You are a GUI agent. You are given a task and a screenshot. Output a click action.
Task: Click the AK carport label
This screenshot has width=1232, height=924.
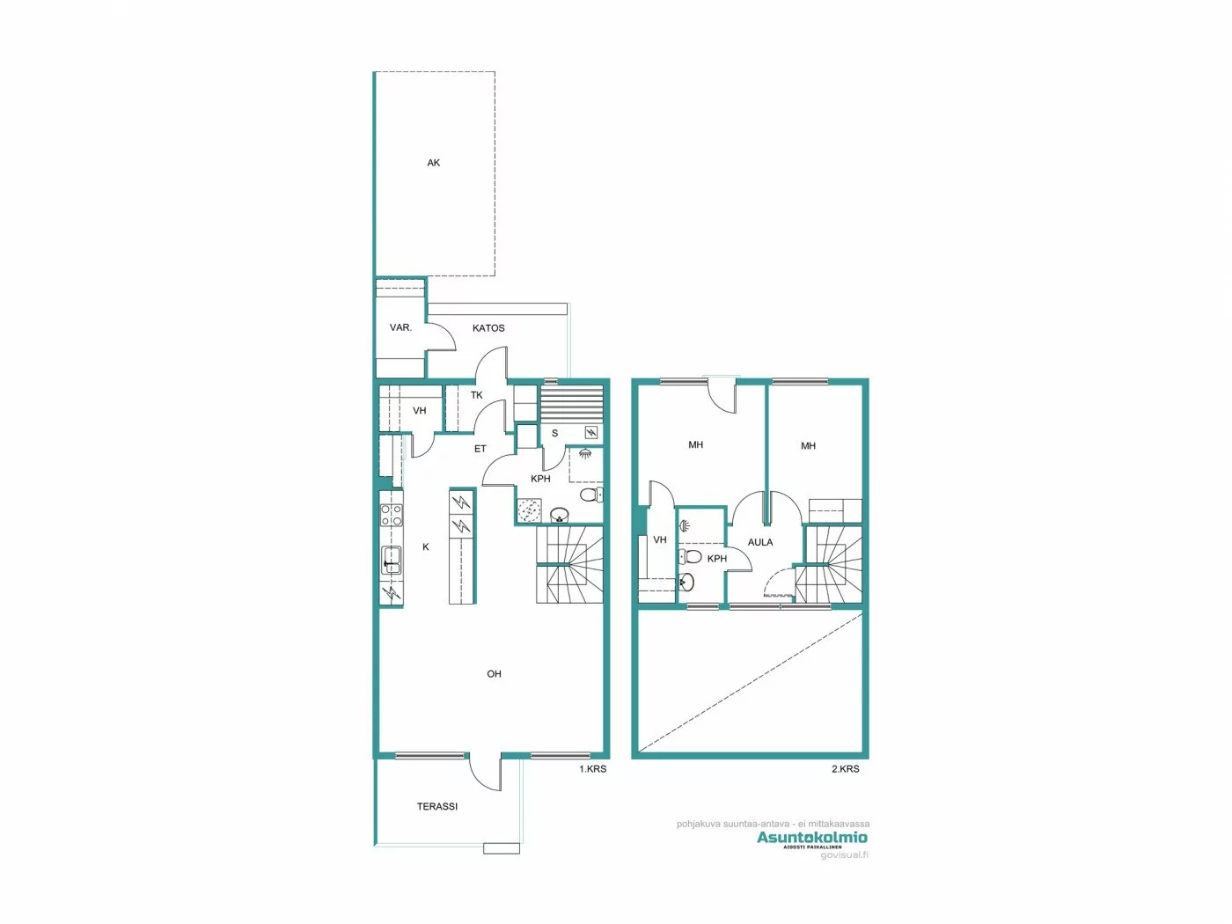(433, 163)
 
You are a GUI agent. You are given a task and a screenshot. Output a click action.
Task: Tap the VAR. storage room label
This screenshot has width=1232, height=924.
(400, 327)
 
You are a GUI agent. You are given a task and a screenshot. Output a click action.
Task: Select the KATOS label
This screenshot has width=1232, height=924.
(488, 328)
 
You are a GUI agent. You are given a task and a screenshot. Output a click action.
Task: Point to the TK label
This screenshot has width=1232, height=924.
(476, 395)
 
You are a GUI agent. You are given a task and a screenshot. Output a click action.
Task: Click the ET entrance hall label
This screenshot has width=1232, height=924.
(480, 449)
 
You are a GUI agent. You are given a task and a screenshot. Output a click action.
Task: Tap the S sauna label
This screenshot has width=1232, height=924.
(554, 433)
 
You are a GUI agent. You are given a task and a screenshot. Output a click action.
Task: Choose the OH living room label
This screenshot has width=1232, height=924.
(494, 674)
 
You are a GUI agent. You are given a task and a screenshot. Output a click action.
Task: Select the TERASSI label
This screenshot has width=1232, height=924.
(436, 806)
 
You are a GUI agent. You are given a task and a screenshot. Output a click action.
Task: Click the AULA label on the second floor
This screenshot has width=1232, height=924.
(760, 542)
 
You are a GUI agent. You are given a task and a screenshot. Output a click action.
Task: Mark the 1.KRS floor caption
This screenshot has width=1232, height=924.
(592, 769)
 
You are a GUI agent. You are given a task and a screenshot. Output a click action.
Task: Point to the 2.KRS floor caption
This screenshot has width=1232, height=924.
(845, 769)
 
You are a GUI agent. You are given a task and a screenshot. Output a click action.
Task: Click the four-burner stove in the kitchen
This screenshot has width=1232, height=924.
(392, 516)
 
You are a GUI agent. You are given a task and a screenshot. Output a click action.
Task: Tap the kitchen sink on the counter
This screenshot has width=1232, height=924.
(392, 560)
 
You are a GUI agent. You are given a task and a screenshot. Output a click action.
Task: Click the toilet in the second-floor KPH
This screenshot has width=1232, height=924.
(692, 556)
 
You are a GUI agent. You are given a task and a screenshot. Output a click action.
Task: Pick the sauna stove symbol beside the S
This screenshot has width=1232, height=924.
(591, 432)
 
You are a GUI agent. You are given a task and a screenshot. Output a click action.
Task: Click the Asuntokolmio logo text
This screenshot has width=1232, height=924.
(811, 837)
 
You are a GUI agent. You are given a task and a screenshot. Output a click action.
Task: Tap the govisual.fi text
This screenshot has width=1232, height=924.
(844, 855)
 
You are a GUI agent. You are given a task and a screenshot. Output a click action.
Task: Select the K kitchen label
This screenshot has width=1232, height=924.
(426, 547)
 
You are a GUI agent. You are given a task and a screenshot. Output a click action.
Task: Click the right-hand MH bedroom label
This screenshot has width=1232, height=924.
(808, 446)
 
